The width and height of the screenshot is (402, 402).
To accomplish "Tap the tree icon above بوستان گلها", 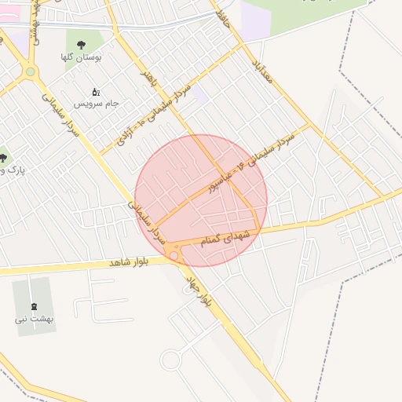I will [x=82, y=43].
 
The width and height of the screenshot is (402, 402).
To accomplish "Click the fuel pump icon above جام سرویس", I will [x=97, y=92].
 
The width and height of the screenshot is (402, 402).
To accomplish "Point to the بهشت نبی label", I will [x=31, y=320].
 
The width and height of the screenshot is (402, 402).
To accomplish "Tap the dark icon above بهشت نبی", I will [x=33, y=306].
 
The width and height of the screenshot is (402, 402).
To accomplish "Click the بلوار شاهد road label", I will [x=129, y=261].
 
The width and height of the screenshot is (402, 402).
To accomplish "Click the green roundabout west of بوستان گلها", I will [x=31, y=72].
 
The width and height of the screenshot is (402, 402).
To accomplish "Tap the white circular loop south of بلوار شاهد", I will [x=170, y=360].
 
